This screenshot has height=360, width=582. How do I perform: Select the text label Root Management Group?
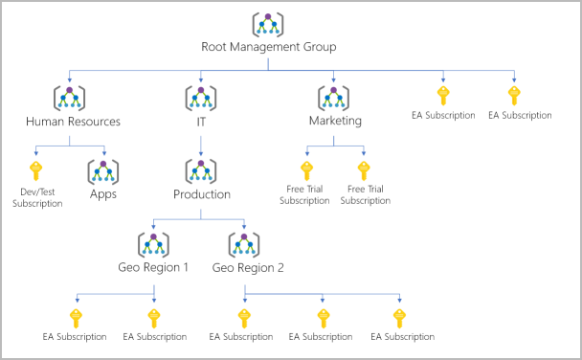click(267, 46)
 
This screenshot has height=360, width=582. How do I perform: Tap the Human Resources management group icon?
click(68, 98)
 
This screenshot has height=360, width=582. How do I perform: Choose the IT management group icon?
click(200, 98)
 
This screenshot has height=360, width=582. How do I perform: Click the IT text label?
click(200, 122)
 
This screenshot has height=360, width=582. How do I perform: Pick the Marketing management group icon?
click(334, 98)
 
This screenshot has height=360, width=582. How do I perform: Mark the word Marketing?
click(334, 122)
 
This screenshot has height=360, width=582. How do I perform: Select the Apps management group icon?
click(102, 170)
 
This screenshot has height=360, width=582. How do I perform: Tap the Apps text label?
click(102, 194)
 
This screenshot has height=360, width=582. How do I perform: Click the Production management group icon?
click(200, 170)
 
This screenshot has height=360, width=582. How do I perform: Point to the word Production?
click(200, 194)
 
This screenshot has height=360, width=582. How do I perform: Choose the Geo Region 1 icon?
click(153, 243)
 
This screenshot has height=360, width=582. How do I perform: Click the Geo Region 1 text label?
click(153, 266)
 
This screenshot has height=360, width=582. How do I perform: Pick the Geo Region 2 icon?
click(244, 243)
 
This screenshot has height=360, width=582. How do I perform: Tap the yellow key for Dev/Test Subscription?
click(35, 170)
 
